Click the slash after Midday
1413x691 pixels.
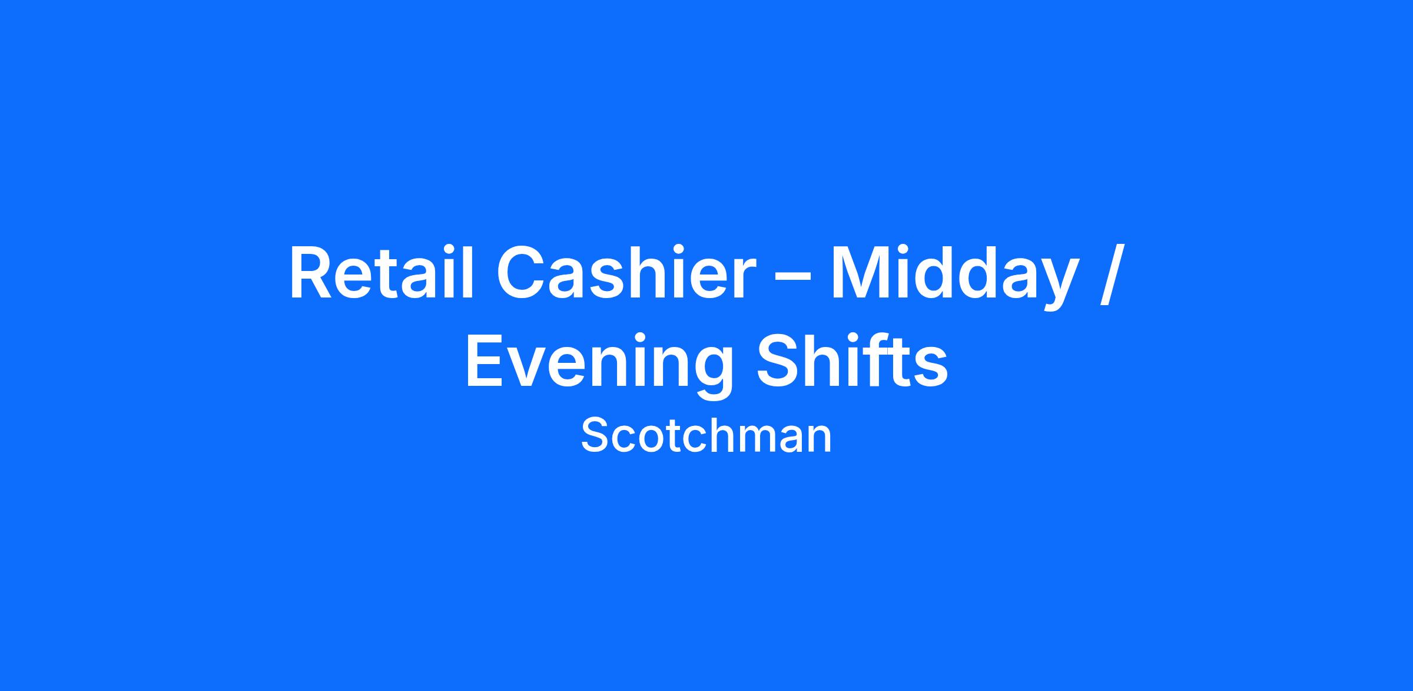(x=1107, y=276)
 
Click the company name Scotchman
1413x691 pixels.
(x=706, y=435)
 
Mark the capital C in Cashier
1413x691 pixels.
(x=523, y=272)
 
